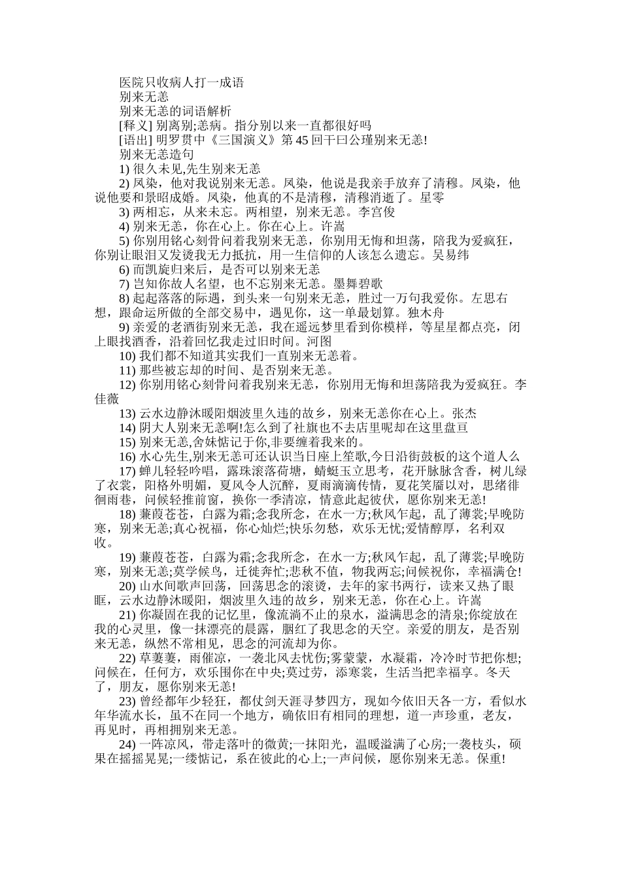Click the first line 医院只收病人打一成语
(181, 82)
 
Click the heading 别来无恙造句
(156, 154)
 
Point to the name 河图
(320, 341)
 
